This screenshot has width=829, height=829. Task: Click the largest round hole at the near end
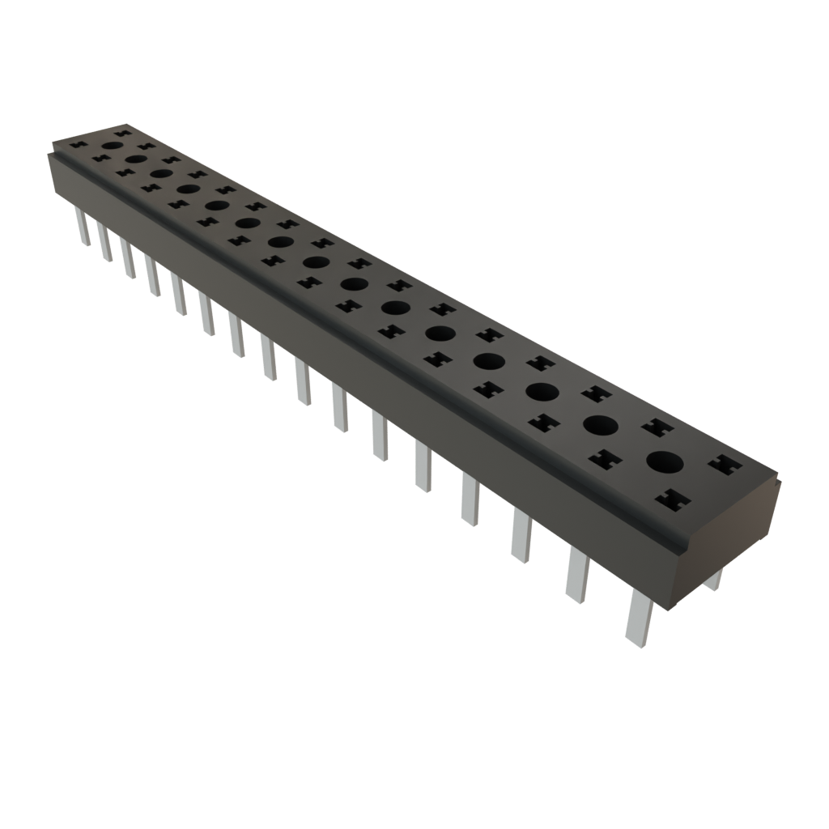[x=665, y=462]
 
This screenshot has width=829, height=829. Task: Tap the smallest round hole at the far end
[x=112, y=146]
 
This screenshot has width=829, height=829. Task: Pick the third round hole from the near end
[x=542, y=391]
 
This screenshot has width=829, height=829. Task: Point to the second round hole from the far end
[x=135, y=159]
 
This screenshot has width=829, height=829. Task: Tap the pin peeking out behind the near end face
[x=714, y=580]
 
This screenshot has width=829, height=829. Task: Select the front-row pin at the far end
[x=82, y=226]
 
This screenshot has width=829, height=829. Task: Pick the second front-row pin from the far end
[x=104, y=241]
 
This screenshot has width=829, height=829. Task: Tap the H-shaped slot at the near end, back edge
[x=724, y=466]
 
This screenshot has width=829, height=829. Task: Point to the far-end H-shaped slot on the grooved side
[x=79, y=147]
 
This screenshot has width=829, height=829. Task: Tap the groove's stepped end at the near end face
[x=680, y=546]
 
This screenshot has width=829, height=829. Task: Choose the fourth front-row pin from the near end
[x=470, y=500]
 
